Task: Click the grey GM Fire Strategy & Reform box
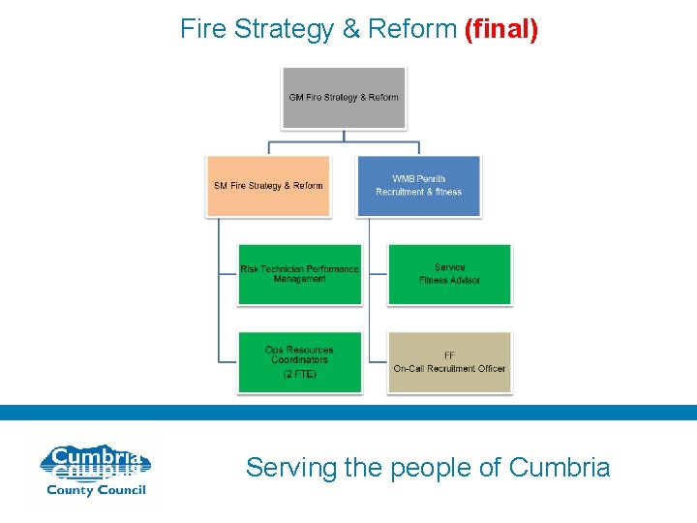coord(344,97)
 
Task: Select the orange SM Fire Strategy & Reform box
coord(268,185)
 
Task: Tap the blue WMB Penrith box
coord(419,185)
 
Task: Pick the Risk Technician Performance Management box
coord(300,274)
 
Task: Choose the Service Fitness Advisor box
coord(450,274)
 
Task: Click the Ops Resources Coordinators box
coord(300,361)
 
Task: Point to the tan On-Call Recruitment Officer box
coord(450,362)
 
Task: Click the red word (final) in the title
coord(501,29)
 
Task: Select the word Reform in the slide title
coord(412,29)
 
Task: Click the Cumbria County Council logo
coord(93,470)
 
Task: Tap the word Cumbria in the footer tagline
coord(560,468)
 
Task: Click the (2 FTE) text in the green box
coord(300,373)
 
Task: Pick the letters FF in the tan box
coord(450,355)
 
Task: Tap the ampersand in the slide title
coord(350,29)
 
